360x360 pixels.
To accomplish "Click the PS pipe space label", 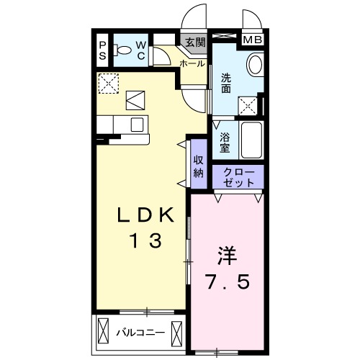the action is coord(103,50).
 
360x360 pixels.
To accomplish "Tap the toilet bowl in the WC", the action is coord(122,50).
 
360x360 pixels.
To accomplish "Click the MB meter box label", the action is coord(253,40).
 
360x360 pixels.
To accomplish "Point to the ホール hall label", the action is coord(192,63).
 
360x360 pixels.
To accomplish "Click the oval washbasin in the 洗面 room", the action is coord(255,65).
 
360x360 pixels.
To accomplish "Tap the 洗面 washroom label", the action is coord(226,84).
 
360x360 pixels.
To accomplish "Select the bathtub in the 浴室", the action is coord(251,140).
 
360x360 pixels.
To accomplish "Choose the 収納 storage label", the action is coord(199,166).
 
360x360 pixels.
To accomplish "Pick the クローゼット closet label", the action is coord(238,178).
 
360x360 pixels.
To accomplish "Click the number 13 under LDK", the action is coord(145,240).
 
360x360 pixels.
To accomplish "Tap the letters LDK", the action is coord(145,215).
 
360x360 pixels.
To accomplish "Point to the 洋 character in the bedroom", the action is coord(227,256).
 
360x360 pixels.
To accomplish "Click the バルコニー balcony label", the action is coord(141,333).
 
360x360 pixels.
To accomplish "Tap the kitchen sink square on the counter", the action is coord(137,125).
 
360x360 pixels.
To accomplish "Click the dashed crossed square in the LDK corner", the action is coord(109,84).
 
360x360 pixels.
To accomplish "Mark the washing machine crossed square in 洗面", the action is coord(248,106).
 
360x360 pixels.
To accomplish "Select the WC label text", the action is coord(141,50).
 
